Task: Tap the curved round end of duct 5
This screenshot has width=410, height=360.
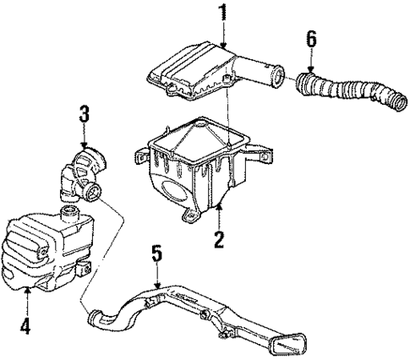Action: [x=98, y=319]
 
